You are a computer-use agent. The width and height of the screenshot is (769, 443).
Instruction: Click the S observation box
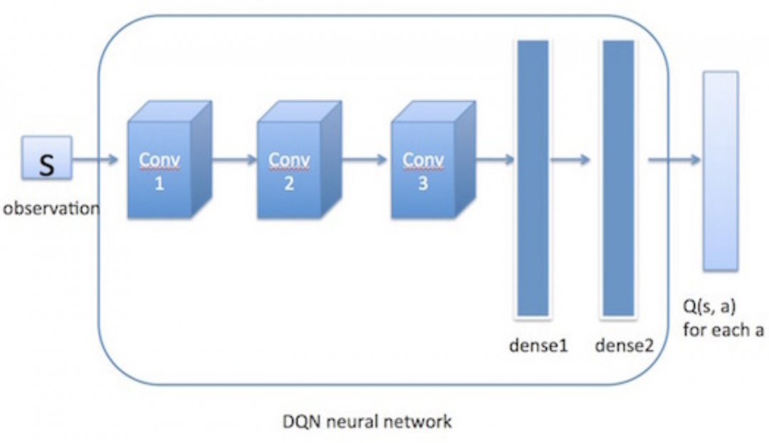pyautogui.click(x=46, y=157)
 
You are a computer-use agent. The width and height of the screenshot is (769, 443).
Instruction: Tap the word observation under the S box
pyautogui.click(x=51, y=209)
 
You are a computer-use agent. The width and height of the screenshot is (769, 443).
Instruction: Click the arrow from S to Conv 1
pyautogui.click(x=95, y=159)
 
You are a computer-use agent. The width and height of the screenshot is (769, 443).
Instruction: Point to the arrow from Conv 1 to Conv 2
pyautogui.click(x=234, y=159)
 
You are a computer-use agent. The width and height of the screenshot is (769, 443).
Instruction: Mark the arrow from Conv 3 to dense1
pyautogui.click(x=493, y=159)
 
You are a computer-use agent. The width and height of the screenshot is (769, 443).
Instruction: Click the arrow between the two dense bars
pyautogui.click(x=570, y=159)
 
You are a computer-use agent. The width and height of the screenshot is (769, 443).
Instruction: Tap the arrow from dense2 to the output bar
pyautogui.click(x=674, y=159)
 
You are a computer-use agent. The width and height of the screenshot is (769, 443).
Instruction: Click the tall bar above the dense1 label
pyautogui.click(x=533, y=177)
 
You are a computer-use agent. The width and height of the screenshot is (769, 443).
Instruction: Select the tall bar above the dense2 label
pyautogui.click(x=618, y=177)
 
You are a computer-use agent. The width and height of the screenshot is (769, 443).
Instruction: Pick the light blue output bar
pyautogui.click(x=721, y=170)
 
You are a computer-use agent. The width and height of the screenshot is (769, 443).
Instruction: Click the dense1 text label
pyautogui.click(x=538, y=346)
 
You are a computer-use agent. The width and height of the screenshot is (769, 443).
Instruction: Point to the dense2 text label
pyautogui.click(x=624, y=346)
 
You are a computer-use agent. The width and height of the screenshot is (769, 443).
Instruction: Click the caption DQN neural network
pyautogui.click(x=366, y=422)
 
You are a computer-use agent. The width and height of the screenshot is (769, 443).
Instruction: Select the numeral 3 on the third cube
pyautogui.click(x=424, y=185)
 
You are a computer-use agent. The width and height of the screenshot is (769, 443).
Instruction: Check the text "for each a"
pyautogui.click(x=722, y=330)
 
